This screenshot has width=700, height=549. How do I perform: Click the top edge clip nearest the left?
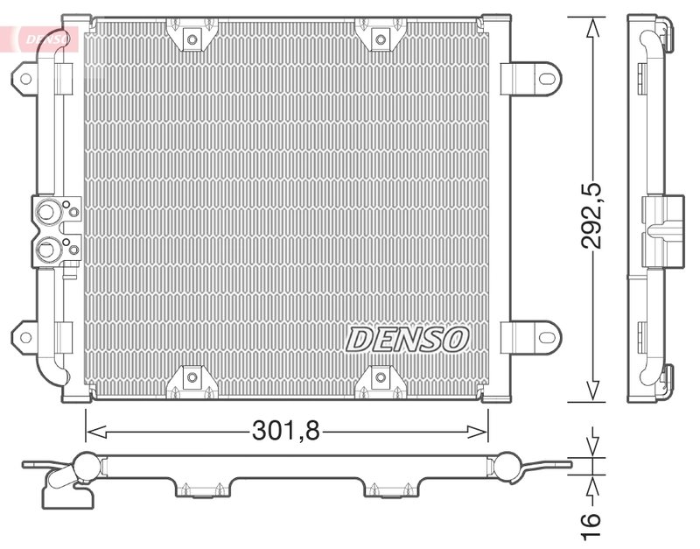(x=190, y=37)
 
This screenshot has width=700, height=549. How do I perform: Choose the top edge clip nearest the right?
(x=378, y=37)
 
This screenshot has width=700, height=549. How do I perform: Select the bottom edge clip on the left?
(x=190, y=378)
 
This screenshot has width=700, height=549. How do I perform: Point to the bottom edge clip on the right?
(x=378, y=378)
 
